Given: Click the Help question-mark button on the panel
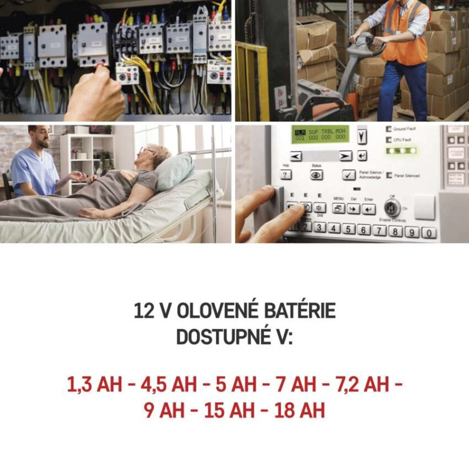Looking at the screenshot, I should pos(286,175).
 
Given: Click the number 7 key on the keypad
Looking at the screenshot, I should pos(379,230).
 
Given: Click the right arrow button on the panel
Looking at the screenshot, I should pos(346,156).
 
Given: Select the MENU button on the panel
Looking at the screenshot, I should pos(338,208).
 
